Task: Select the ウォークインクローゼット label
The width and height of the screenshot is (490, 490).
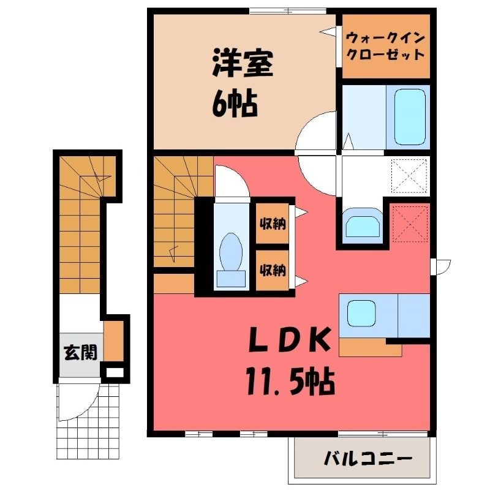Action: point(386,47)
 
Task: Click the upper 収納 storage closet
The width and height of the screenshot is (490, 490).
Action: point(273,223)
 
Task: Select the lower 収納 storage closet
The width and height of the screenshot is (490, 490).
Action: point(273,270)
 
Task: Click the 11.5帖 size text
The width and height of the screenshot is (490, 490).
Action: point(290,382)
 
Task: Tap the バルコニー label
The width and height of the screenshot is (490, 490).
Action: point(368,459)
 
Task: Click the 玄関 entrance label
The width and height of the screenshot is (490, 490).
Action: point(81,353)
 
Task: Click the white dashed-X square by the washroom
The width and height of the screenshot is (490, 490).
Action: point(409,176)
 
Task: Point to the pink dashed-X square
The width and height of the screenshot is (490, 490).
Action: point(410,224)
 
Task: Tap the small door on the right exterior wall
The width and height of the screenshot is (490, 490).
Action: point(440,267)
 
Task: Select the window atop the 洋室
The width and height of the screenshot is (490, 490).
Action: point(287,11)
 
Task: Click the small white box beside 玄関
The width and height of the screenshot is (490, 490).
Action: point(114,372)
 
